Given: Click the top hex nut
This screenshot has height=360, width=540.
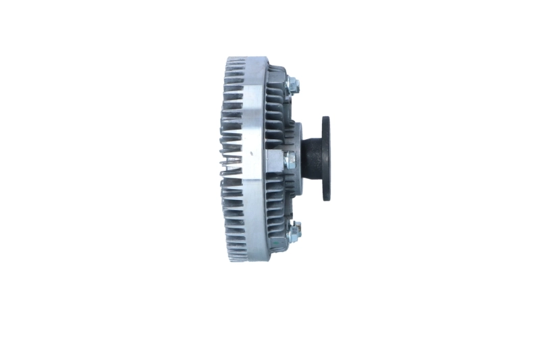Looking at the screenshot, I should pyautogui.click(x=292, y=85).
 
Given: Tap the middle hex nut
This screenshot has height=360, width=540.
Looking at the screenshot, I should pyautogui.click(x=290, y=160).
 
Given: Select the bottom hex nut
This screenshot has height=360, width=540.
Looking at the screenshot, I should pyautogui.click(x=293, y=232).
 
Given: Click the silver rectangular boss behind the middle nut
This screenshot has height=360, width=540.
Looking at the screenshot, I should pyautogui.click(x=275, y=161).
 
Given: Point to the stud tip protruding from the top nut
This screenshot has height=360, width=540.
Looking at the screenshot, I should pyautogui.click(x=298, y=86).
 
